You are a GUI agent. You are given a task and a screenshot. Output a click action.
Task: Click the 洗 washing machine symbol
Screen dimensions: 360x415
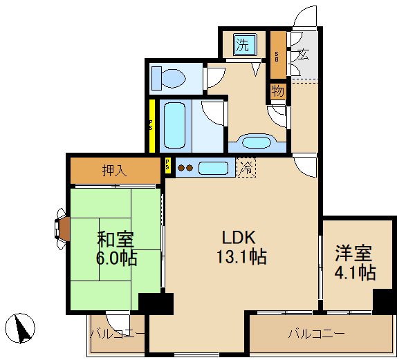click(x=243, y=46)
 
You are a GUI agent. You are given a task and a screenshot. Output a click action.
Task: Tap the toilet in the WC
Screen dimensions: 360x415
click(x=168, y=77)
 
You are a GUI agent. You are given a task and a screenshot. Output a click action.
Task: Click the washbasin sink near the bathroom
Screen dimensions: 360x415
click(x=257, y=143)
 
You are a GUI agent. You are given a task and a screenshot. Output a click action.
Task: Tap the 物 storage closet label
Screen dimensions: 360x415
click(x=277, y=91)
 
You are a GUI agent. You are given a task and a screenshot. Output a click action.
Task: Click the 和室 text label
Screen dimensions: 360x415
click(x=115, y=240)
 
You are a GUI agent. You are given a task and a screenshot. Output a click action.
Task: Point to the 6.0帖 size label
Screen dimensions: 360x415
click(x=117, y=259)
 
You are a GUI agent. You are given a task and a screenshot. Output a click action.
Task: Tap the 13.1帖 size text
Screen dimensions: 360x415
click(x=241, y=258)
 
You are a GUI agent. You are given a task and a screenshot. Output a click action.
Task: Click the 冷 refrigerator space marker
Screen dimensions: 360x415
click(x=246, y=167)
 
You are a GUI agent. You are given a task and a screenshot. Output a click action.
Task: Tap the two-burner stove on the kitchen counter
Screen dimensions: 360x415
click(x=185, y=167)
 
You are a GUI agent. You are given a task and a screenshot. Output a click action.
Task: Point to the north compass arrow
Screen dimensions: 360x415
click(x=23, y=328)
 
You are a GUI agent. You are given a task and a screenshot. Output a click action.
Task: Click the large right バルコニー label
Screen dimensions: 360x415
click(x=316, y=334)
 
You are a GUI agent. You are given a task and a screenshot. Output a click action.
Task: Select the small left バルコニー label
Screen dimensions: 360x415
click(x=118, y=334)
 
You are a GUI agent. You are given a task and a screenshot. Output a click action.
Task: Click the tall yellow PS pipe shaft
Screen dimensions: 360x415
click(x=151, y=126)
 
